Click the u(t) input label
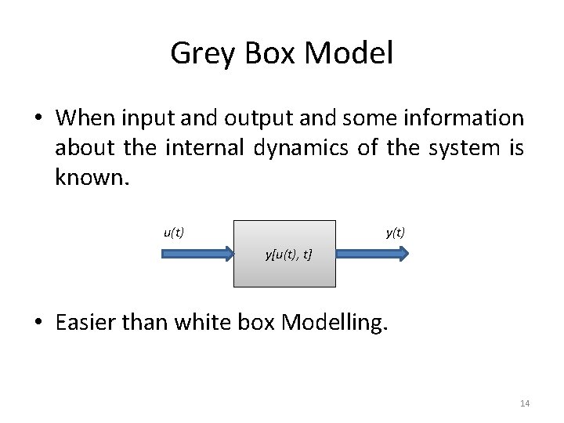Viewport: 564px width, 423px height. point(174,232)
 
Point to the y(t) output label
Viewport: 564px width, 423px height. point(396,232)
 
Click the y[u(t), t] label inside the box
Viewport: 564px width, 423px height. point(289,254)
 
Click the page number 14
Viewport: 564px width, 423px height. point(525,403)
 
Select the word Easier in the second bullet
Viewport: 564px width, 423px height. point(88,323)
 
